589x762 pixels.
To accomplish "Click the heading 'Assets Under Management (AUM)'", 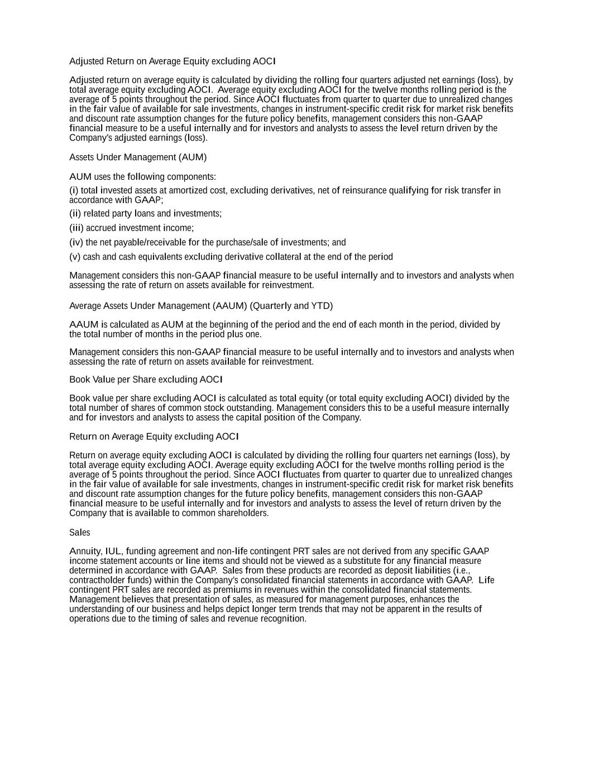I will (x=137, y=157).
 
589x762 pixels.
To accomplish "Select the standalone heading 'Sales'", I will (x=79, y=533).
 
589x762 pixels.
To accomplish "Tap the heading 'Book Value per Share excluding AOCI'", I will (x=146, y=380).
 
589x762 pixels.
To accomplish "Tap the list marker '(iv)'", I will (x=76, y=243).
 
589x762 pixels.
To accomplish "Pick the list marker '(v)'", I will (x=75, y=257).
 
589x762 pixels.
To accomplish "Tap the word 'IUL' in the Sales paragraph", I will (x=113, y=552).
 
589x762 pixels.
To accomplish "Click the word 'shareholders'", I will (x=243, y=514).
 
